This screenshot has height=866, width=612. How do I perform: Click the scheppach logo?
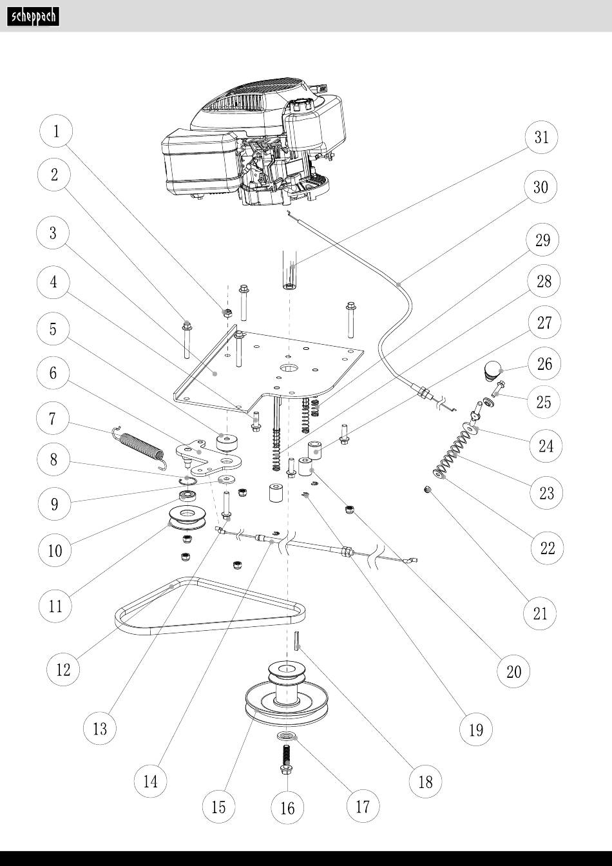click(33, 16)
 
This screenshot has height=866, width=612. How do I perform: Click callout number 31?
click(541, 137)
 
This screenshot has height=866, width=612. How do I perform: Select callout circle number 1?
click(56, 131)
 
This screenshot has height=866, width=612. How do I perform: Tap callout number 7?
click(53, 419)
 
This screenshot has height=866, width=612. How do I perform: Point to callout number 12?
click(63, 669)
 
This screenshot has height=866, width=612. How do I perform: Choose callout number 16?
click(287, 807)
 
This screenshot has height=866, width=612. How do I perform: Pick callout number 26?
click(544, 363)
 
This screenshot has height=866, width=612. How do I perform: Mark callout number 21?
click(540, 613)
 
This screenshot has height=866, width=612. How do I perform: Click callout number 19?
click(475, 729)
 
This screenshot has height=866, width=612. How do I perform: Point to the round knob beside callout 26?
click(493, 370)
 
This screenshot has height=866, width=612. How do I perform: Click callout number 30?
click(540, 187)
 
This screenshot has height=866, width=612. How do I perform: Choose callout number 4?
click(53, 282)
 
